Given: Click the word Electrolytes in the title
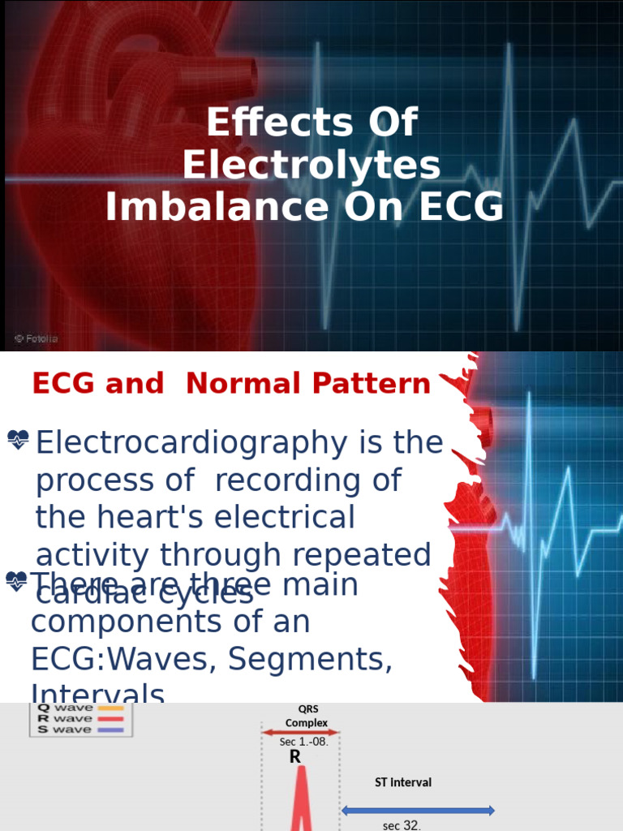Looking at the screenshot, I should [x=311, y=166].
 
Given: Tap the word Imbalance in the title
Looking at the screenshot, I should [x=212, y=207].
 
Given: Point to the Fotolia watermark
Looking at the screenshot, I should [x=36, y=337].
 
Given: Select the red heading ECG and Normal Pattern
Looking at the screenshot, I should [x=231, y=384].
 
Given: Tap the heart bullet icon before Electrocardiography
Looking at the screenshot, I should [x=18, y=441].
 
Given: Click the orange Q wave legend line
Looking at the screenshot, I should [x=110, y=708].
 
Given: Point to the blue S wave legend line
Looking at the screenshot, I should [x=110, y=730].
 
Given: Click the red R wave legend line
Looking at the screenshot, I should [x=110, y=718].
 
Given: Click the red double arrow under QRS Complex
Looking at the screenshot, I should [x=301, y=732].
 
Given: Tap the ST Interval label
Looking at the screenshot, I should [x=403, y=782].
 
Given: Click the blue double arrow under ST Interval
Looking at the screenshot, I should [x=419, y=810].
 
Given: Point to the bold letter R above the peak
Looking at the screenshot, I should [x=295, y=756].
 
